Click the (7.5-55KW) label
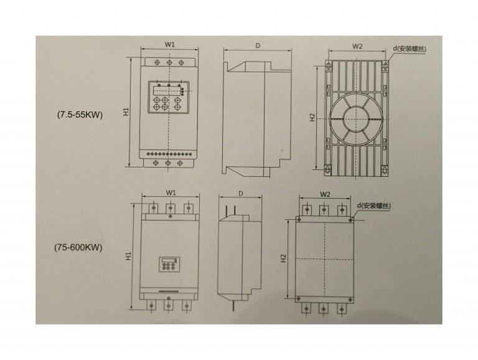point(80,115)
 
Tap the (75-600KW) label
point(78,247)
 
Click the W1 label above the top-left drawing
point(170,45)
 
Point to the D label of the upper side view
point(258,45)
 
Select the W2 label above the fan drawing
point(357,46)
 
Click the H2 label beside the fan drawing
point(312,118)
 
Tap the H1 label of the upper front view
point(126,111)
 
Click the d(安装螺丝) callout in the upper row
point(410,49)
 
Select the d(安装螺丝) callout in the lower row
point(374,206)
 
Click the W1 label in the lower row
point(171,193)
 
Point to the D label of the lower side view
point(241,194)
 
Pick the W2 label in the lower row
point(326,194)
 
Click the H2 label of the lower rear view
point(284,258)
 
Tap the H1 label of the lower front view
point(128,255)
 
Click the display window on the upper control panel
point(165,90)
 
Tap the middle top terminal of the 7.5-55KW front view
point(169,63)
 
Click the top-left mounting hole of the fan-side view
point(328,65)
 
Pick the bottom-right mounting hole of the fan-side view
point(385,169)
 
